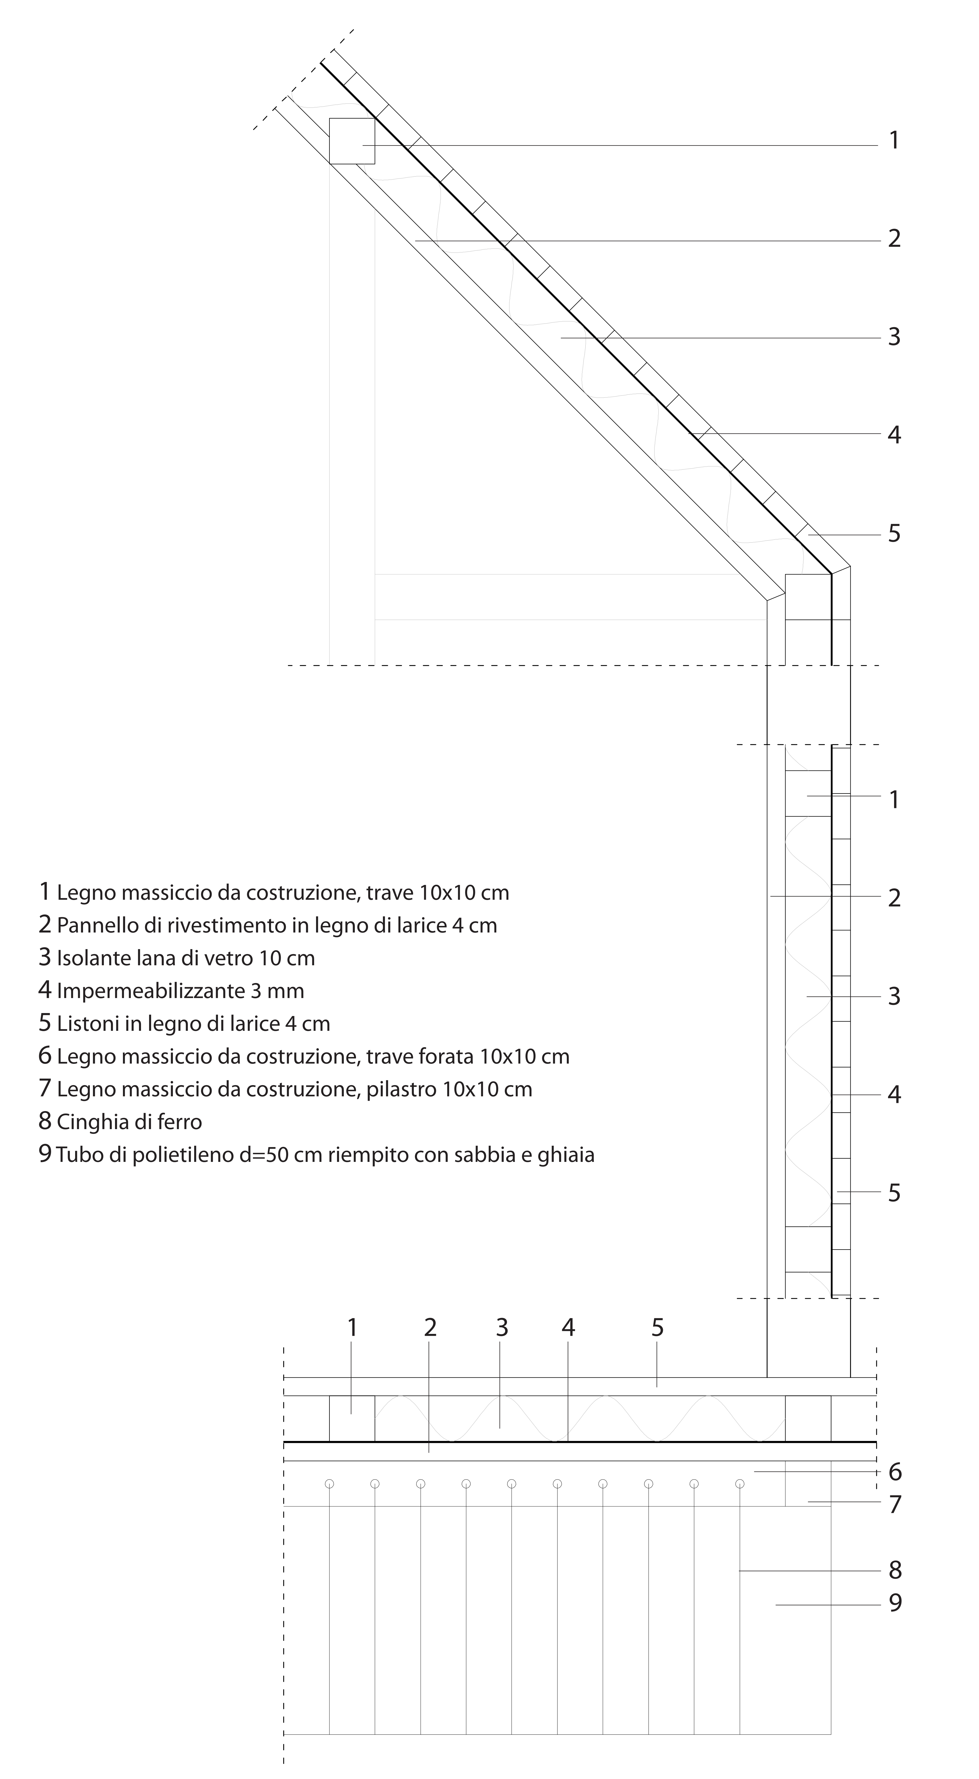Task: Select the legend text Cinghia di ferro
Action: coord(129,1121)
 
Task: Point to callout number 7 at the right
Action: coord(895,1504)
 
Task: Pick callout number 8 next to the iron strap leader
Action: coord(895,1570)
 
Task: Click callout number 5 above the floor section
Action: coord(657,1327)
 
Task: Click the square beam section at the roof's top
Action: coord(352,141)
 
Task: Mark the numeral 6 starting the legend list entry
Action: coord(45,1055)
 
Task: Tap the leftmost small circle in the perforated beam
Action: coord(329,1484)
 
